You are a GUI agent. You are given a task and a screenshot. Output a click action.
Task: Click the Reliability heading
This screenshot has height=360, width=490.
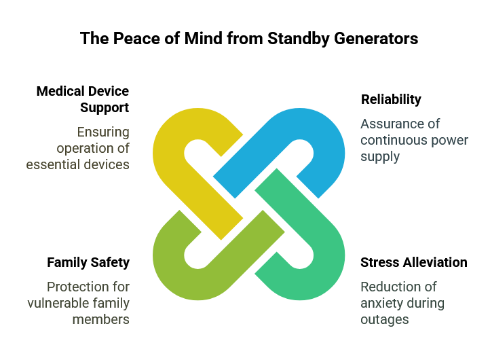click(391, 99)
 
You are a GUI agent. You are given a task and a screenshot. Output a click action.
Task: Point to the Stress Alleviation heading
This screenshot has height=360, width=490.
click(414, 262)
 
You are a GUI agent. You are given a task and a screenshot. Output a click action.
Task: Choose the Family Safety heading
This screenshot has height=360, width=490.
click(88, 262)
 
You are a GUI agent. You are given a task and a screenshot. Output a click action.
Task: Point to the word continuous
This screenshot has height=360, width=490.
click(388, 140)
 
